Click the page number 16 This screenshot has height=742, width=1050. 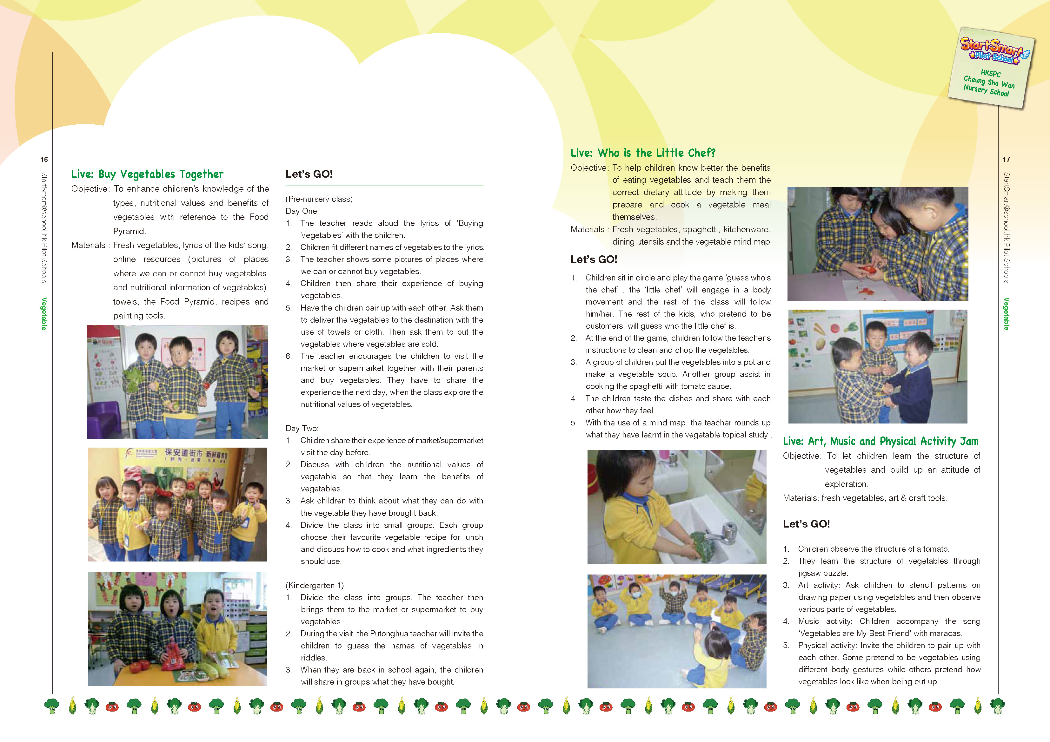(44, 159)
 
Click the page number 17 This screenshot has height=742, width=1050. (1006, 159)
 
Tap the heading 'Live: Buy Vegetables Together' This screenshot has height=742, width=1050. (147, 174)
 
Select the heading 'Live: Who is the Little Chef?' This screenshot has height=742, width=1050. (642, 153)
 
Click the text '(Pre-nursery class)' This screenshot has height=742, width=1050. (319, 199)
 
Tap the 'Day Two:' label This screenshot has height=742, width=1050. (302, 428)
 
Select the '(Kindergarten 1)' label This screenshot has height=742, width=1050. (315, 585)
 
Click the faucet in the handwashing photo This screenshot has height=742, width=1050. (725, 530)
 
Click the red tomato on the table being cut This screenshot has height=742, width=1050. (867, 270)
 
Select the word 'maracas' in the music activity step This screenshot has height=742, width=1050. (947, 633)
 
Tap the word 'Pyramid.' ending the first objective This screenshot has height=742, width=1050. (130, 231)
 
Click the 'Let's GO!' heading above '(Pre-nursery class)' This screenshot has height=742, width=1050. (309, 174)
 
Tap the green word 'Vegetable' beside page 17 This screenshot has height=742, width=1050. (1006, 314)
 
